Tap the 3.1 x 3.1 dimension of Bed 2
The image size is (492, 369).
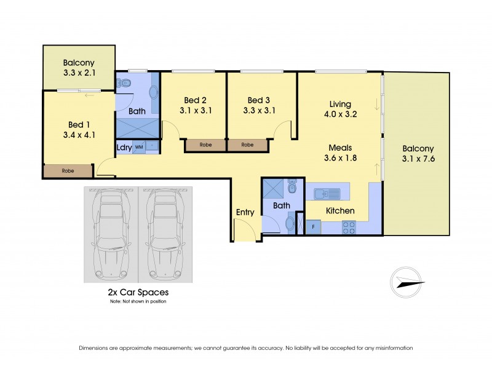pyautogui.click(x=196, y=111)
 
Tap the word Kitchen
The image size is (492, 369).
pyautogui.click(x=340, y=211)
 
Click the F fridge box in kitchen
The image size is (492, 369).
pyautogui.click(x=313, y=227)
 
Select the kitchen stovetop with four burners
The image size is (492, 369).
pyautogui.click(x=348, y=228)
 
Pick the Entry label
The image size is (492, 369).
pyautogui.click(x=245, y=213)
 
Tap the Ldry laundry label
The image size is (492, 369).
pyautogui.click(x=122, y=148)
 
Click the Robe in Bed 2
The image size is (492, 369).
pyautogui.click(x=205, y=145)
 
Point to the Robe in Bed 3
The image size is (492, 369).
pyautogui.click(x=247, y=145)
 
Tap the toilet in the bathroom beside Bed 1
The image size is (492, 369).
pyautogui.click(x=124, y=82)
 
